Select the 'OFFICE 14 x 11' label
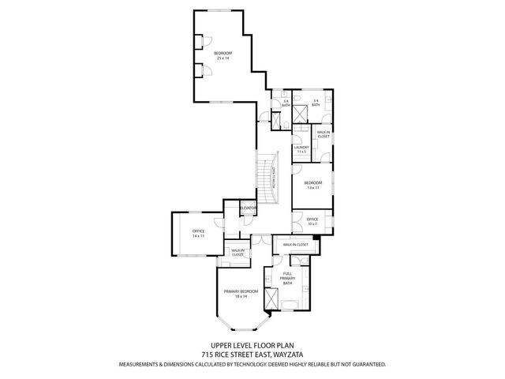(197, 234)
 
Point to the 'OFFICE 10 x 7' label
(312, 222)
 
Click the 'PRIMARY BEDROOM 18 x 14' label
(241, 294)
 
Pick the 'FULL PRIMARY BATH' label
(292, 277)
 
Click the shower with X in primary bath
(272, 301)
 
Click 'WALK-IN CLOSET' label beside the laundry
(324, 134)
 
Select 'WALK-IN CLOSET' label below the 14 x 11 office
(238, 253)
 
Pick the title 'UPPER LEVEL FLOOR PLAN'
(252, 345)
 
